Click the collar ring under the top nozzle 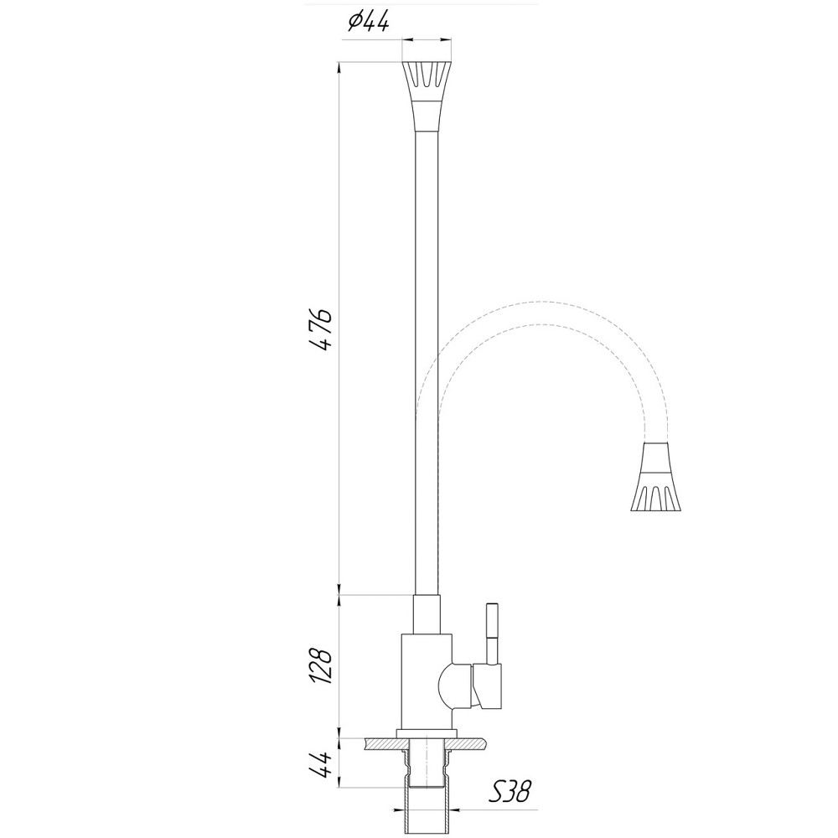click(427, 115)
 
